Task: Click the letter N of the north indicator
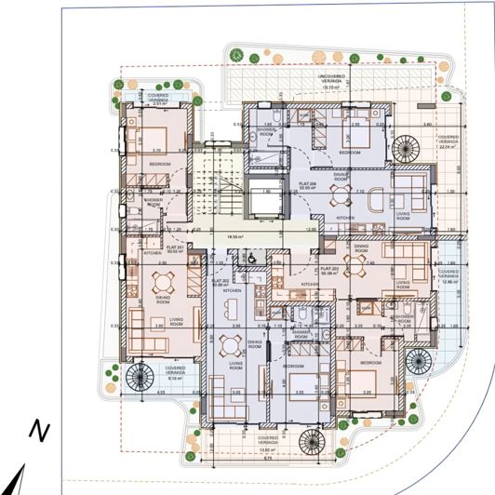click(38, 430)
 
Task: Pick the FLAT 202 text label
click(221, 282)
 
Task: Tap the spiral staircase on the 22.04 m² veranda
click(408, 148)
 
